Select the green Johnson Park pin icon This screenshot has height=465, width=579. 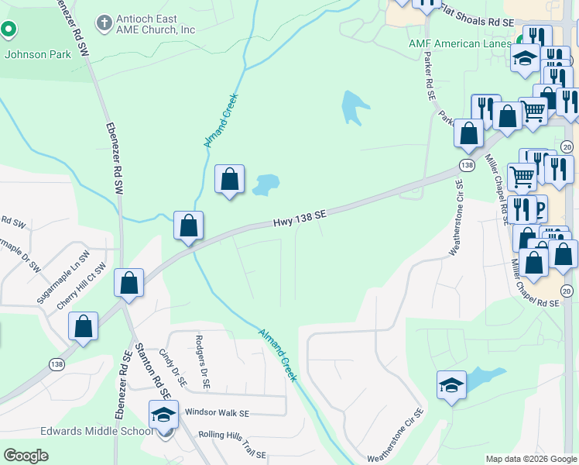(9, 31)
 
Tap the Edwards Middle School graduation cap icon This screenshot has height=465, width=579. (163, 415)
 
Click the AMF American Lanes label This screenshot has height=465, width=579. (460, 43)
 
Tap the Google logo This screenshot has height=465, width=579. (26, 456)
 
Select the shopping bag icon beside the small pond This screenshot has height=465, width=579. (229, 180)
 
